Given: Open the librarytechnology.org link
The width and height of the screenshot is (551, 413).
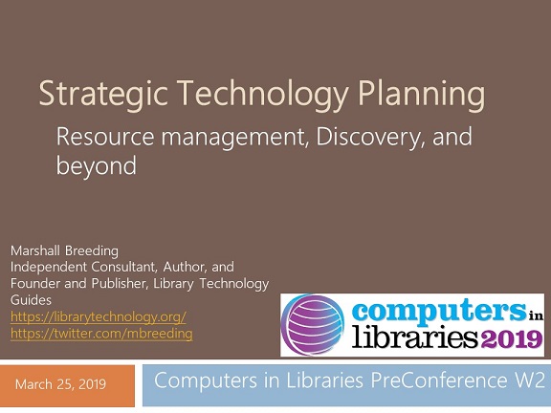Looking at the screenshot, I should (98, 316).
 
